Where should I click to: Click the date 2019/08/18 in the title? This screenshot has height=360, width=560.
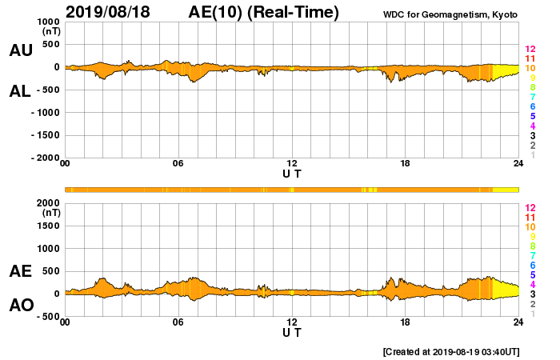112,12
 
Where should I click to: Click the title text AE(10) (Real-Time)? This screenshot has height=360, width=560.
263,12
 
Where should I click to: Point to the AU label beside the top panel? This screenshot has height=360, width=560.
21,50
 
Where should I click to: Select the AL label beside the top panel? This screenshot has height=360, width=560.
21,91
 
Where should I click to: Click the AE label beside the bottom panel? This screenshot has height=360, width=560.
21,272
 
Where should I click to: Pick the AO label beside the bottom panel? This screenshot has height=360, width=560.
21,306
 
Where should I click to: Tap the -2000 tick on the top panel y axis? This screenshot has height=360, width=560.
46,158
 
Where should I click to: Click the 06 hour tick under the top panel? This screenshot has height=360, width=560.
178,164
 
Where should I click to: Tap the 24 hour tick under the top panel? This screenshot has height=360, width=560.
518,164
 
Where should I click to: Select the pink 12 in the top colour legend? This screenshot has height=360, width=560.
530,50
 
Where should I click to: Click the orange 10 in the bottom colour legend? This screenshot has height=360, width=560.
530,227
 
